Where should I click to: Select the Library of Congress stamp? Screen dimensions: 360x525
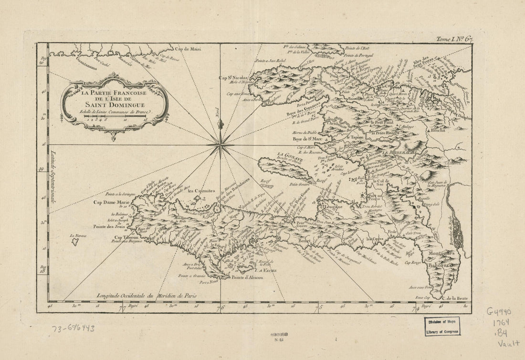(x=441, y=327)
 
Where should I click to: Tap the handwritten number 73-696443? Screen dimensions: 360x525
(x=73, y=328)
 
